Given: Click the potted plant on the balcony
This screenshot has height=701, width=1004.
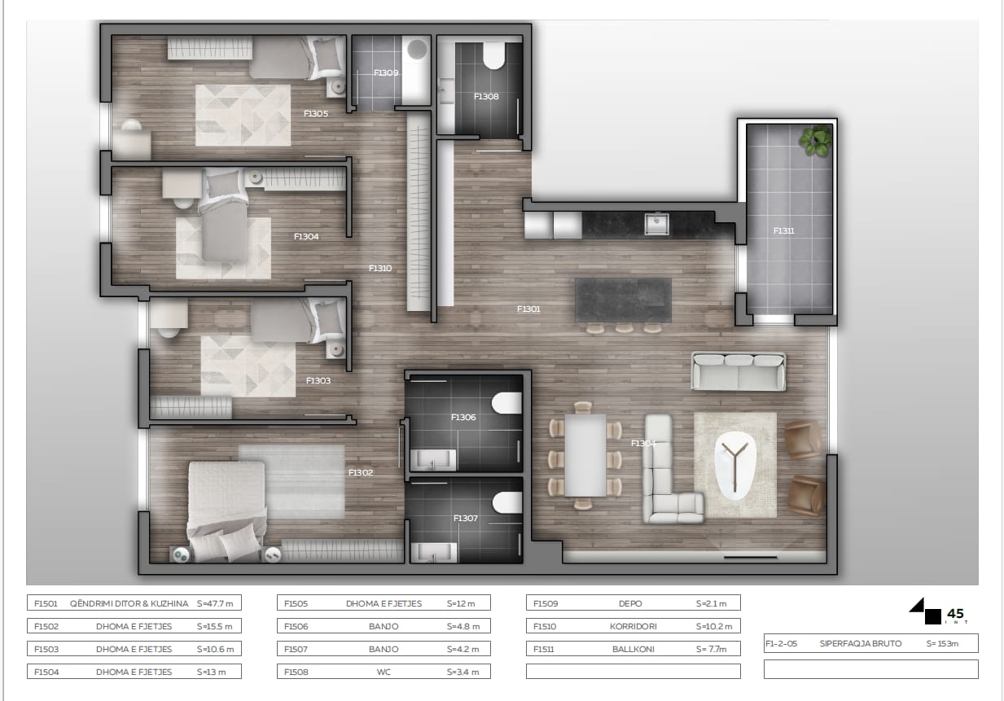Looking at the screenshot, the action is [x=816, y=140].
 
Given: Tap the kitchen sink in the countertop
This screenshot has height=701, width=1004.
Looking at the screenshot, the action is [x=656, y=224].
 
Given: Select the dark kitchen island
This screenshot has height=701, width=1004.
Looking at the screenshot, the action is [x=623, y=300].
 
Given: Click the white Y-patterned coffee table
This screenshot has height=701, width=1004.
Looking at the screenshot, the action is [x=735, y=465].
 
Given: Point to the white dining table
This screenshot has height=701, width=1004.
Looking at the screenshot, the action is [x=585, y=455].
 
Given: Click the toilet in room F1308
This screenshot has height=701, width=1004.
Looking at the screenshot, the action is [x=494, y=55].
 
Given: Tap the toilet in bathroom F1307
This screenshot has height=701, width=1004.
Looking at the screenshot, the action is [x=507, y=502].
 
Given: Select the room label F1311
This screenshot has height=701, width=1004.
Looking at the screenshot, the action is [x=784, y=231].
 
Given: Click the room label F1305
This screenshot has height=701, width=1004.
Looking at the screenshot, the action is [x=316, y=114].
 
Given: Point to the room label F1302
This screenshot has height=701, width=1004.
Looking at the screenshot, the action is [x=361, y=472].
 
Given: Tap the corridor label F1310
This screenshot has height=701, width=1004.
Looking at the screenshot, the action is [x=380, y=269].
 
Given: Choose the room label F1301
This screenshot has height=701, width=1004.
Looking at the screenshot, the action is [x=529, y=309].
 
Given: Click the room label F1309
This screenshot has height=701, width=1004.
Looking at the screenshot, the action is [x=386, y=72].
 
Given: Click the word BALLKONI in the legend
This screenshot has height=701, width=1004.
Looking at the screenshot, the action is [x=634, y=649].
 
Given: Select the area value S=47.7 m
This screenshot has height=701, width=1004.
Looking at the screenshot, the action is [x=215, y=604].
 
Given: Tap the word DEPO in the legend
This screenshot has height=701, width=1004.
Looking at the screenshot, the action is [x=630, y=604].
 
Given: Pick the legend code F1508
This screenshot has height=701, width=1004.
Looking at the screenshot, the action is [x=296, y=672].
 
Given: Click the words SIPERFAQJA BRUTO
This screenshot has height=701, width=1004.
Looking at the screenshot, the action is [x=861, y=644].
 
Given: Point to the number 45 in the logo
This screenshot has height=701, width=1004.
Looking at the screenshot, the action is [x=955, y=614].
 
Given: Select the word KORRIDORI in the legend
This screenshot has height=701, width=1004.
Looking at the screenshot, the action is [x=634, y=626].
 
